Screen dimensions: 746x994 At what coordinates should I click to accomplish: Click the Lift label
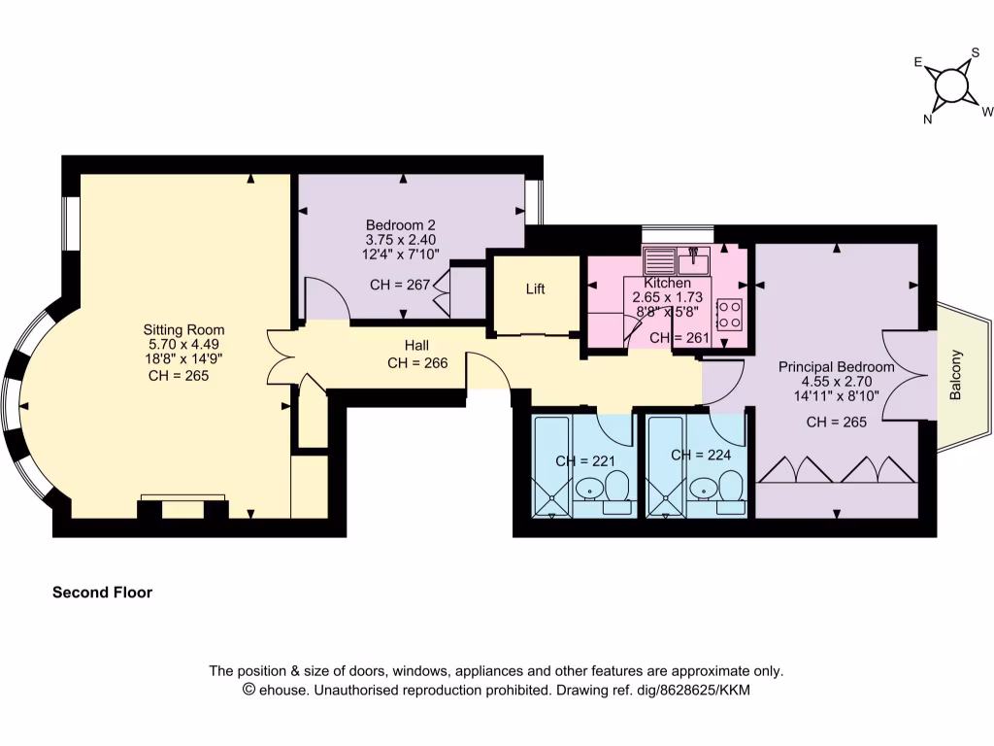[x=536, y=289]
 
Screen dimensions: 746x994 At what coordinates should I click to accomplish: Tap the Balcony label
[x=955, y=375]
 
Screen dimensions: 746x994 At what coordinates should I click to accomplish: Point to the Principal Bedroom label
[x=837, y=367]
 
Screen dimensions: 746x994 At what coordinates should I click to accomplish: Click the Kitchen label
[x=668, y=283]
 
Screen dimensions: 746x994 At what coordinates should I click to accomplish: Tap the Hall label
[x=416, y=346]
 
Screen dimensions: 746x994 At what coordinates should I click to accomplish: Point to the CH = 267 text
[x=401, y=286]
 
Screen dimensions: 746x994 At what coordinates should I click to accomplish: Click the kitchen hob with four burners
[x=729, y=313]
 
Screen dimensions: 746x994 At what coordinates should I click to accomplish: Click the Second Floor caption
[x=102, y=592]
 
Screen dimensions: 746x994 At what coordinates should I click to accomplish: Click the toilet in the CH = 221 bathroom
[x=616, y=491]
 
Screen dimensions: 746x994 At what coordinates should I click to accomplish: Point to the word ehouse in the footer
[x=282, y=691]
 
